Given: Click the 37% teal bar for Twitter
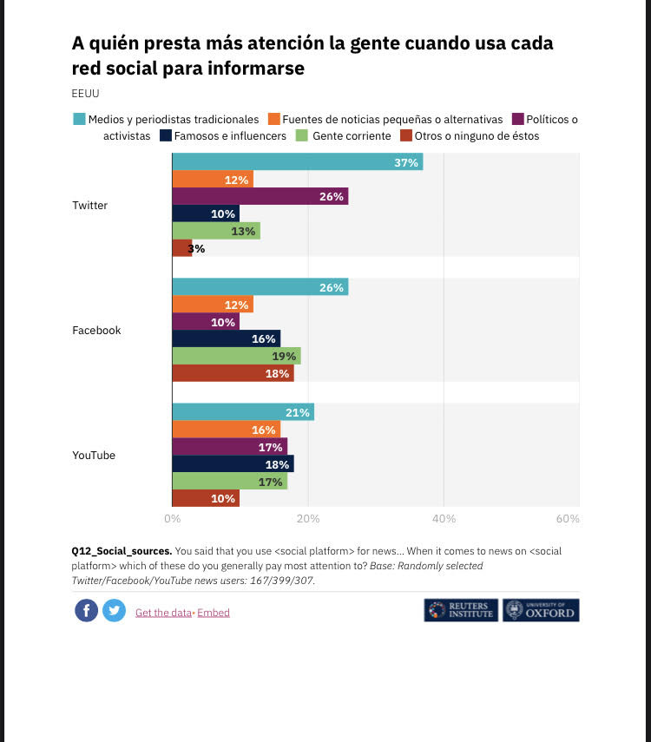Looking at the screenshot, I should pos(297,162).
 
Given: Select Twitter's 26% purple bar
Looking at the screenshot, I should pos(260,197).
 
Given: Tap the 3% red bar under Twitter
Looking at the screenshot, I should pos(182,248).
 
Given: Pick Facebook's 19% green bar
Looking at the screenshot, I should pos(236,356).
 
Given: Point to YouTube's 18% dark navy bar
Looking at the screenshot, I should pos(233,464).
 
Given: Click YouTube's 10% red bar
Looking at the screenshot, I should pos(206,498).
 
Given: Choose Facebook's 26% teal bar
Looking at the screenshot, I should pos(260,287).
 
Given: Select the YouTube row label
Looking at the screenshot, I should pos(94,456).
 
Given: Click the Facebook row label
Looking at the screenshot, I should pos(96,331).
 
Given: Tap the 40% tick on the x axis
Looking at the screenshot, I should pos(444,518).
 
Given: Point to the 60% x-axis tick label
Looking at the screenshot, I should pos(568,518).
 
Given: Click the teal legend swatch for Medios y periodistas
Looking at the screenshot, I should pos(79,119).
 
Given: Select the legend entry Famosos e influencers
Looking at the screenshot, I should pos(229,135).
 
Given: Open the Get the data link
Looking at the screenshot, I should pos(163,613).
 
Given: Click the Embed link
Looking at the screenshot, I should pos(214,613).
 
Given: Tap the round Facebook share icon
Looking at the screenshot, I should pos(86,611).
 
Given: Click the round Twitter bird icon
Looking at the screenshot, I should pos(114,611).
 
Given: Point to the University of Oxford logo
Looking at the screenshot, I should pos(540,610).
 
